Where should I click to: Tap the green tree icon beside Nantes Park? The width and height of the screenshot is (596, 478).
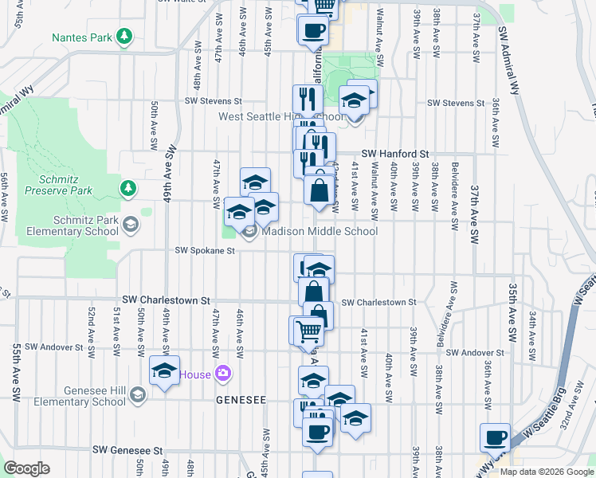click(124, 37)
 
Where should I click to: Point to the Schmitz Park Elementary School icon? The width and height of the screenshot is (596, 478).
click(129, 225)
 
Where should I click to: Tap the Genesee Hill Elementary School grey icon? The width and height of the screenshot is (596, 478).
click(138, 395)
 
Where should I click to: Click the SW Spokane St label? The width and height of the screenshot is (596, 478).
click(206, 251)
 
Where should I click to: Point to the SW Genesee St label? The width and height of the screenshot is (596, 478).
click(127, 450)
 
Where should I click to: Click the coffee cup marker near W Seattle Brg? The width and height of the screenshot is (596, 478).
click(496, 438)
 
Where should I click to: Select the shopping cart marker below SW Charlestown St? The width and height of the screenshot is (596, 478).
click(308, 331)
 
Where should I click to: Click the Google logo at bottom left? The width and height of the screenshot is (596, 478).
click(26, 468)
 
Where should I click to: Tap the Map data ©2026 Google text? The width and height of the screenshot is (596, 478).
click(547, 472)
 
